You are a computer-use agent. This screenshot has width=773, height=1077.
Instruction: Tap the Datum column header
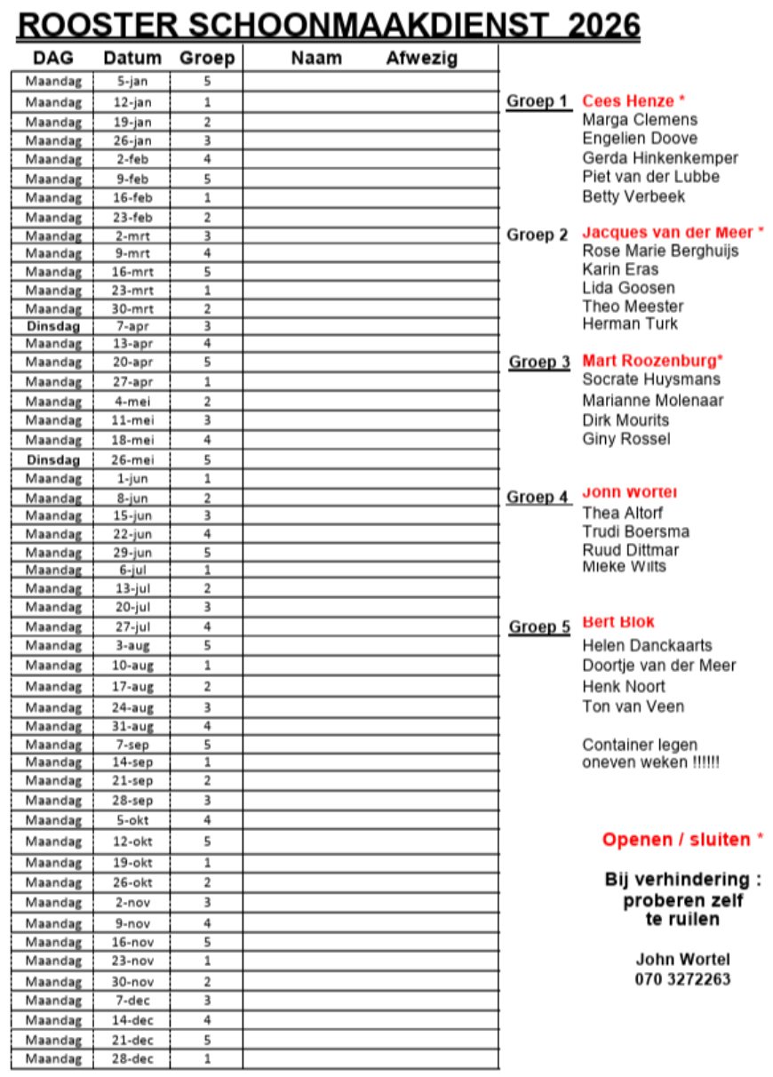[132, 59]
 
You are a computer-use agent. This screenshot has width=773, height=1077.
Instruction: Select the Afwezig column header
[422, 59]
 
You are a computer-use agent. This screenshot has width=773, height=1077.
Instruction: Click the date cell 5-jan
[132, 81]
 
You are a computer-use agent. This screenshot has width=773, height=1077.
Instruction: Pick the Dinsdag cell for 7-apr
[53, 326]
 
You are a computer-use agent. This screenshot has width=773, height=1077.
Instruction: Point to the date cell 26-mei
[132, 460]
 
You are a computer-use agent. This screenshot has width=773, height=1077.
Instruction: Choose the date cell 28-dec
[132, 1059]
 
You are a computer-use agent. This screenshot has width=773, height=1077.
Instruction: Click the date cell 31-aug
[132, 726]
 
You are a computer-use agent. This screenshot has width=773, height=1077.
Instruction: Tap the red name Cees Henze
[628, 101]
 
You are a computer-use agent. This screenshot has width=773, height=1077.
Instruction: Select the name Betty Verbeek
[634, 196]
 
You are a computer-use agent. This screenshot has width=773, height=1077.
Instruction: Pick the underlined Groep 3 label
[538, 363]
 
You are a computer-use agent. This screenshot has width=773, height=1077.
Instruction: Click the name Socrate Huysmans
[651, 379]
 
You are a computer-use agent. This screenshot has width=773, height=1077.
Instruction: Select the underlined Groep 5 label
[538, 627]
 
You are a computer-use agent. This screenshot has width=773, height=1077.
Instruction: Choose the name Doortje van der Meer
[658, 666]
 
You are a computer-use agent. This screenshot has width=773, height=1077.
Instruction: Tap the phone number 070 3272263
[682, 979]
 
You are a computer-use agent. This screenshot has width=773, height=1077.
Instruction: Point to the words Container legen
[640, 745]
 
